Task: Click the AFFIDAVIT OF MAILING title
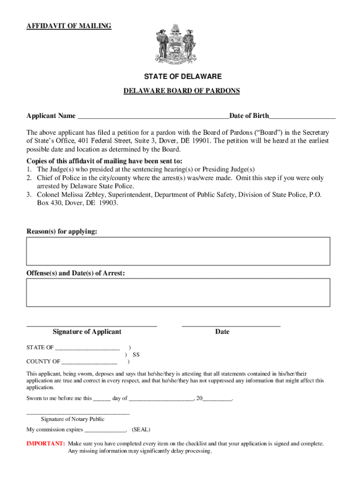click(69, 26)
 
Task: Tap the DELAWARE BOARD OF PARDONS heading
click(181, 91)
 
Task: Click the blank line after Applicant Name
click(153, 116)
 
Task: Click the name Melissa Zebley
click(82, 195)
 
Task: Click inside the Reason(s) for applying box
click(178, 251)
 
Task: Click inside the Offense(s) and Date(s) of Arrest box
click(178, 292)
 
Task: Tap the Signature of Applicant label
click(87, 332)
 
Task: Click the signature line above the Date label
click(230, 325)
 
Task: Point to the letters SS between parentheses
click(136, 355)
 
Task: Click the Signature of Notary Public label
click(72, 419)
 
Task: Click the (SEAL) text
click(141, 429)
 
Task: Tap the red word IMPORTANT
click(45, 443)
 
